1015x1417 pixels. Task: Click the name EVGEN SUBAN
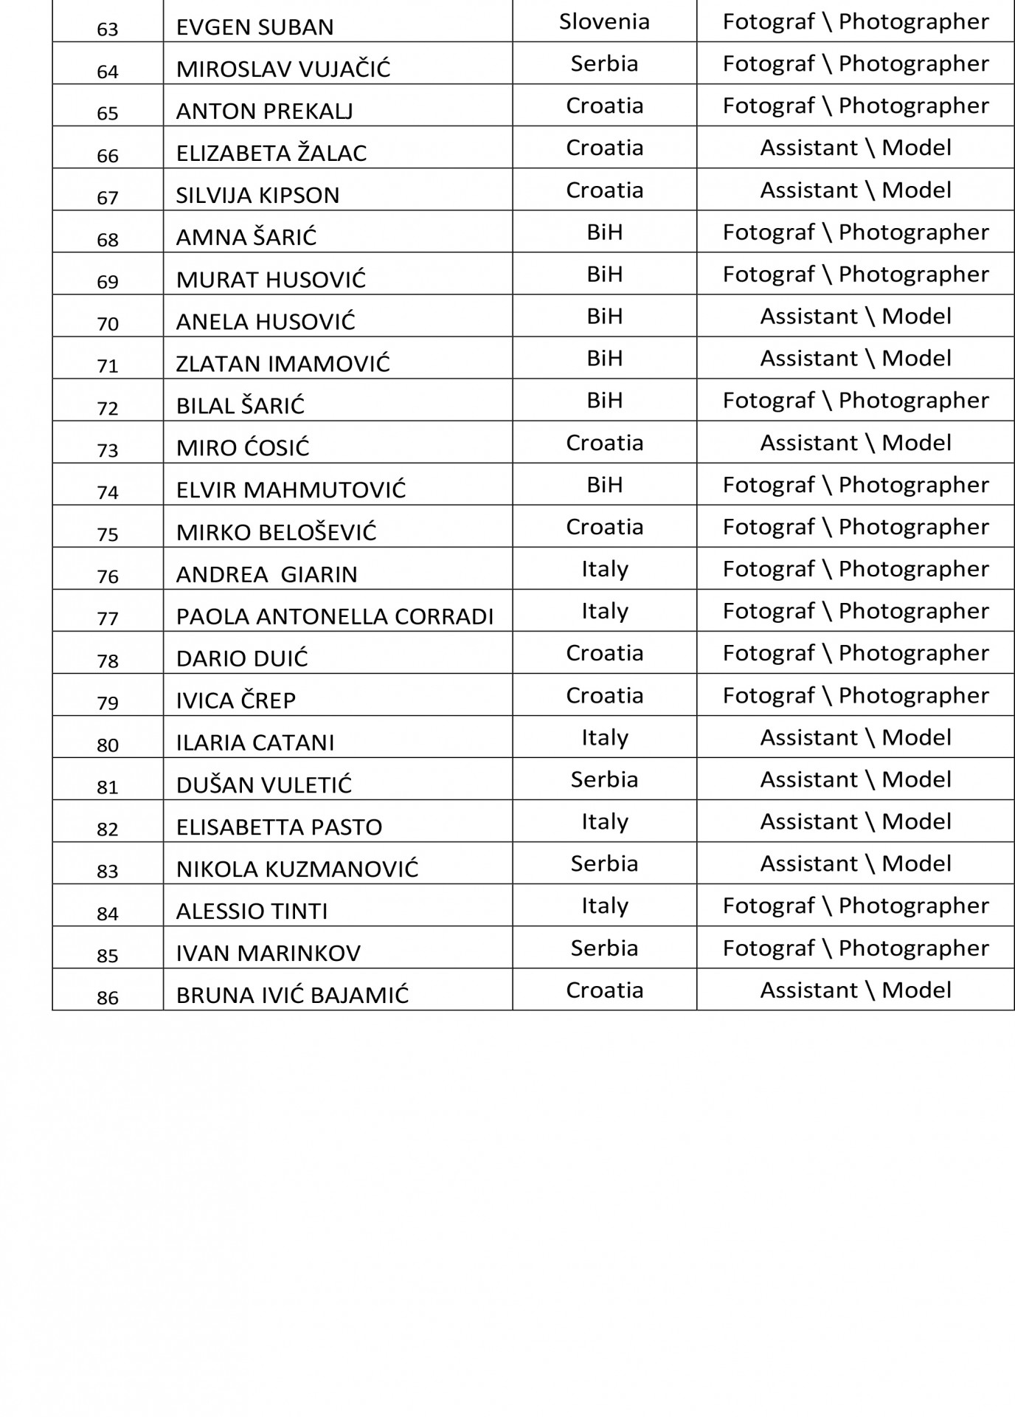click(x=254, y=27)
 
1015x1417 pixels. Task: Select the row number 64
click(x=108, y=72)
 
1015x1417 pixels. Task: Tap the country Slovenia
click(x=604, y=21)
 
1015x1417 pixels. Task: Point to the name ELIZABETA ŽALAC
click(x=271, y=154)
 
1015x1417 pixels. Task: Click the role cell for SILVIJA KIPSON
click(x=856, y=190)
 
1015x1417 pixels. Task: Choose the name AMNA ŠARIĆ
click(x=246, y=238)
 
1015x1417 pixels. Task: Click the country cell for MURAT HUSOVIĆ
click(x=604, y=274)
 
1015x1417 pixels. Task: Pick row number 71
click(x=108, y=366)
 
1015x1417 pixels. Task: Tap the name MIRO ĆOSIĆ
click(x=243, y=448)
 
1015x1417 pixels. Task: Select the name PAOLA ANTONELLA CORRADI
click(x=334, y=617)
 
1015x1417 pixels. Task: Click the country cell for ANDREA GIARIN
click(x=604, y=568)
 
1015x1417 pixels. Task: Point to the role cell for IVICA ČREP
click(x=856, y=695)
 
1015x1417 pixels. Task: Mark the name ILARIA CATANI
click(x=254, y=742)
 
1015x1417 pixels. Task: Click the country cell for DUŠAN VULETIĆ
click(x=604, y=779)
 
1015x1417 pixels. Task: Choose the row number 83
click(x=108, y=872)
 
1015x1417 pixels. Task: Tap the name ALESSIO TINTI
click(x=252, y=911)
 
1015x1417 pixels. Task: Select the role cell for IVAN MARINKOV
click(x=856, y=948)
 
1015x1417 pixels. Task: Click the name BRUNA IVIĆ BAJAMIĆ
click(x=292, y=996)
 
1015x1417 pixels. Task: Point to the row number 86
click(x=108, y=999)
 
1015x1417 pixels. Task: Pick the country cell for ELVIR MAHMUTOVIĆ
click(x=604, y=484)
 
